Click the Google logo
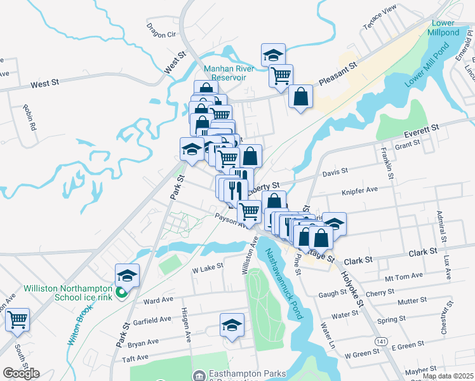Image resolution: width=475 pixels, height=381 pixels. [21, 373]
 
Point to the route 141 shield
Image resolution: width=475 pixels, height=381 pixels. [380, 342]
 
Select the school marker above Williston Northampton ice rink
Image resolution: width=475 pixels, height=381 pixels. [127, 276]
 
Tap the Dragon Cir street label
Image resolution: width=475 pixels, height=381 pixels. [160, 30]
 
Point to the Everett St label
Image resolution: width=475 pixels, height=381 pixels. [422, 130]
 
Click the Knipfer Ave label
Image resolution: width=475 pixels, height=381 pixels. [359, 190]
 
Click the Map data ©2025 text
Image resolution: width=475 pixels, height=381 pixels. [448, 376]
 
